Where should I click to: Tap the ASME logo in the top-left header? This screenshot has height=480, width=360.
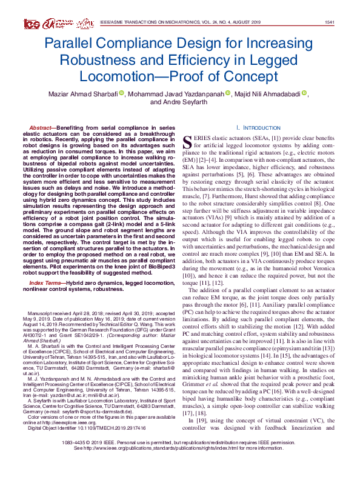tap(84, 23)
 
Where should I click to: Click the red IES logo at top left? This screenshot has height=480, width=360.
tap(32, 24)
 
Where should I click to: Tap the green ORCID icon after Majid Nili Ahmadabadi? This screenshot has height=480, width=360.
tap(304, 93)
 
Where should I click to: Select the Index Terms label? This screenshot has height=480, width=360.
tap(47, 265)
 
